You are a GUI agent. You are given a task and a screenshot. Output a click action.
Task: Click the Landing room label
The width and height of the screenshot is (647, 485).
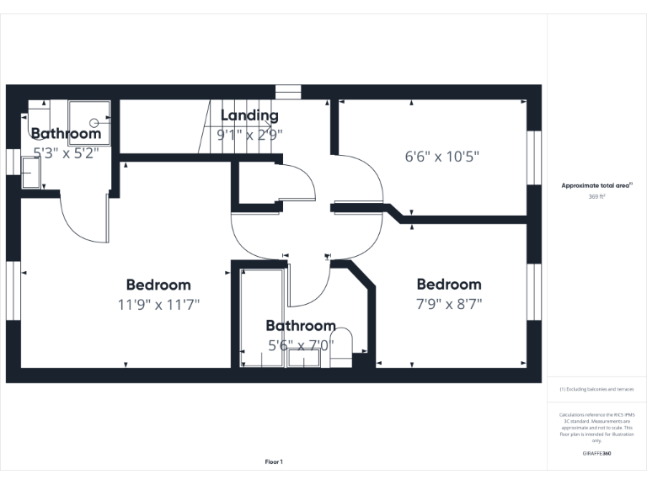[249, 115]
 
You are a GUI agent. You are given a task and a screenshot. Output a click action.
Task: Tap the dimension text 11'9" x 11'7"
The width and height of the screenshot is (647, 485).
[158, 303]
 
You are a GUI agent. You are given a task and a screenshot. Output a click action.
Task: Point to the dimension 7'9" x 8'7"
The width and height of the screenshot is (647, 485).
[449, 303]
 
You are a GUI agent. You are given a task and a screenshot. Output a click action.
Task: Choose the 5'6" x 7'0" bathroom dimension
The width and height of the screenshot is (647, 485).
[301, 344]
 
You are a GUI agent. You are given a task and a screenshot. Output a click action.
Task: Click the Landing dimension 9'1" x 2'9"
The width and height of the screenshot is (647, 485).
[249, 133]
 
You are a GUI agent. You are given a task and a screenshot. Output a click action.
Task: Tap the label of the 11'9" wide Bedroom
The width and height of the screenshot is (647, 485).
[158, 285]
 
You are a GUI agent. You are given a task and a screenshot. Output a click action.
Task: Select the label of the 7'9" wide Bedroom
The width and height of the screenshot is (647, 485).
[449, 285]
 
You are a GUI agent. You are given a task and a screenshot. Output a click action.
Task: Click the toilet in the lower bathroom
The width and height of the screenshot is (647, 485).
[340, 349]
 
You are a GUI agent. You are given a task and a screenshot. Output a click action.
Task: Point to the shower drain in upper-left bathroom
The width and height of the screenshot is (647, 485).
[94, 122]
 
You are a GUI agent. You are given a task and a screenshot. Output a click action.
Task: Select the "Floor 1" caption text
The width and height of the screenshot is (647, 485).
[274, 461]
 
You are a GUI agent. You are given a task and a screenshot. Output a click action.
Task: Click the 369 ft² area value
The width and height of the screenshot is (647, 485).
[597, 196]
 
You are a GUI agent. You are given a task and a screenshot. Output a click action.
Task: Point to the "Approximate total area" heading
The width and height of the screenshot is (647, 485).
[596, 185]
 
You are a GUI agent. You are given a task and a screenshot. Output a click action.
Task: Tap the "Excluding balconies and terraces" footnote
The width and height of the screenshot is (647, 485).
[597, 389]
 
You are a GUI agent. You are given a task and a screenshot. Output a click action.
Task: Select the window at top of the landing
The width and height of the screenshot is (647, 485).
[288, 92]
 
